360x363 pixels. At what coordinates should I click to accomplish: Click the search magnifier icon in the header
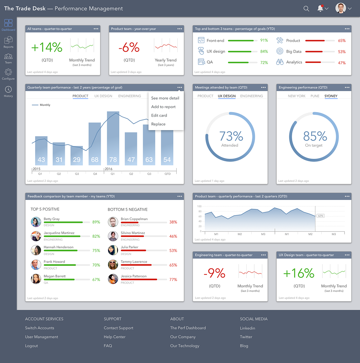point(306,9)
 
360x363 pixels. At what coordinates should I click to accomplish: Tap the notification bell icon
point(320,9)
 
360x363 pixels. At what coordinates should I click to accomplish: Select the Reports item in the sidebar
point(8,42)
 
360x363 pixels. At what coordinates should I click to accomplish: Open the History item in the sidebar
point(8,91)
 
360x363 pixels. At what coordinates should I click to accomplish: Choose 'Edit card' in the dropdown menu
point(159,115)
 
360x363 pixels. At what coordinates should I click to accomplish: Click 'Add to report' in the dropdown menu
point(163,107)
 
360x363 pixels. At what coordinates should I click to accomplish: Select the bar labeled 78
point(113,139)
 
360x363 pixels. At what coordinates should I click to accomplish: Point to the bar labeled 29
point(77,156)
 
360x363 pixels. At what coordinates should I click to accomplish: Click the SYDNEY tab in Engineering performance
point(331,96)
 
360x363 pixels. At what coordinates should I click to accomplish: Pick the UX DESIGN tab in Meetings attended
point(226,96)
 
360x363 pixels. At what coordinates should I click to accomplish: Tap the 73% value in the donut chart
point(231,136)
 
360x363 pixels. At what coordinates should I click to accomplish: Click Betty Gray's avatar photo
point(36,222)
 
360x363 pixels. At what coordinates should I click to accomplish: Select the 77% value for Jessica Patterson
point(173,280)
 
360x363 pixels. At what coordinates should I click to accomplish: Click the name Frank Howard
point(54,262)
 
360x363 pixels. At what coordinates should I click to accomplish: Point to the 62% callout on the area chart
point(320,216)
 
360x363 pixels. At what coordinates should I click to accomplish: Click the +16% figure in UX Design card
point(298,273)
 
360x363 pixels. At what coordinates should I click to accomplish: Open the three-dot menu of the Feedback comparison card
point(180,196)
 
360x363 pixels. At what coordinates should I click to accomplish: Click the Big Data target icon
point(279,51)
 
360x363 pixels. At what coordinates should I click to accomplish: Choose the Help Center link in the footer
point(114,337)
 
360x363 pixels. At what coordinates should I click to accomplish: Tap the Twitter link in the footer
point(246,337)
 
